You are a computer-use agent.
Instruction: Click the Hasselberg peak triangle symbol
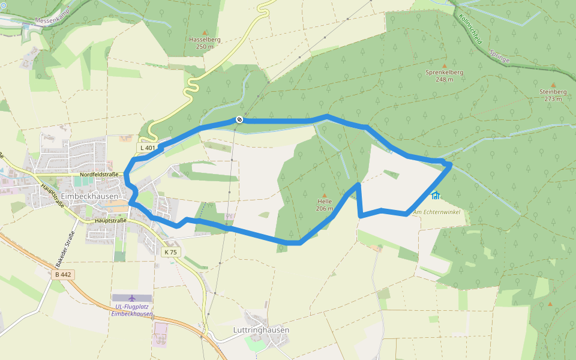205,32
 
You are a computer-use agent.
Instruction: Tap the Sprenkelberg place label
445,72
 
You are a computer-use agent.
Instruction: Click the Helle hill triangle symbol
325,195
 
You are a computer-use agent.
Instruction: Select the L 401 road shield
148,148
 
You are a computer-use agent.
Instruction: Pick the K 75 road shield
170,252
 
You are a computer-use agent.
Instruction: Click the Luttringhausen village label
261,330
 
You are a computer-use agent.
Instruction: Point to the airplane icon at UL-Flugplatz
132,298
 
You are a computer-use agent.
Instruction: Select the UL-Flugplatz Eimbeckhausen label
132,310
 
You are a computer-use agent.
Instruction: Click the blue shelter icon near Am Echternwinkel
436,195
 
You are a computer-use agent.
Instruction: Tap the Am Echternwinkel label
440,212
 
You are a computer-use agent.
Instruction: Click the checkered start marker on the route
239,119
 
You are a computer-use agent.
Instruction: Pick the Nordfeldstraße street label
99,175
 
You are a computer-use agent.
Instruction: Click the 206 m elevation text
325,209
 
